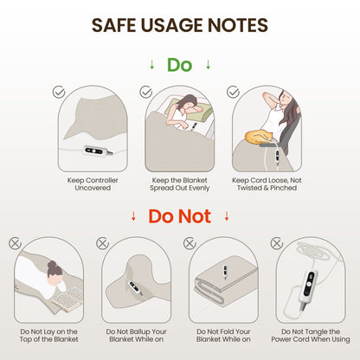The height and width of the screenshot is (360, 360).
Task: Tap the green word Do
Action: coord(179,65)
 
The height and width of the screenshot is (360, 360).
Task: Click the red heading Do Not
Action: coord(179,216)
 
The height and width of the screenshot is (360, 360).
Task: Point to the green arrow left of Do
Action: coord(152,65)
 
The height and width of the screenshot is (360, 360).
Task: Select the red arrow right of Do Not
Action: coord(227,215)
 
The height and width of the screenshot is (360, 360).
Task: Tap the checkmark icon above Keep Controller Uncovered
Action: coord(59,92)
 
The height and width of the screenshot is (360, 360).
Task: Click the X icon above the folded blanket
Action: coord(190,243)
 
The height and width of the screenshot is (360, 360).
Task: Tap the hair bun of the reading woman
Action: coord(53,265)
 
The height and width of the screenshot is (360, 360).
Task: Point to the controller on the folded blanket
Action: coord(225,273)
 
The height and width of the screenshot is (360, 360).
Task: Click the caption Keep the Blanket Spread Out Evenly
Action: coord(179,184)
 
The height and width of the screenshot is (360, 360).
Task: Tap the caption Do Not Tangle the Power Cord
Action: coord(311,336)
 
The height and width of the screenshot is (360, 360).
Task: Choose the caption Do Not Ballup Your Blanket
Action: coord(136,336)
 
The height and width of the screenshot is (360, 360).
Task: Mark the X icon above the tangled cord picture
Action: coord(277,243)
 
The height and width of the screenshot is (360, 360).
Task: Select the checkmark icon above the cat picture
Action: coord(233,92)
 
